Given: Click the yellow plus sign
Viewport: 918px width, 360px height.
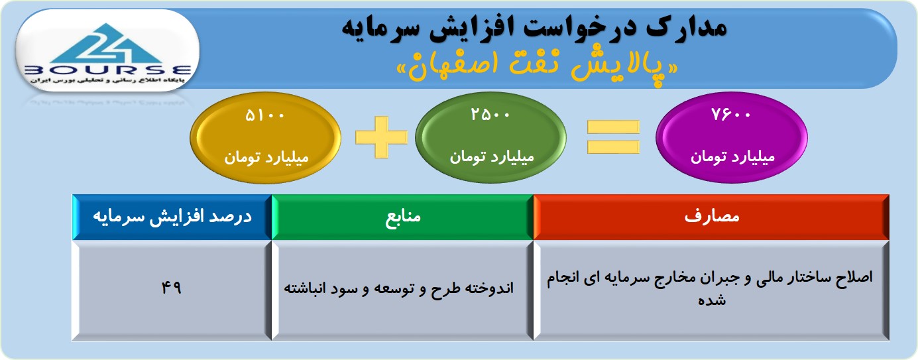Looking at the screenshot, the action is (x=381, y=137).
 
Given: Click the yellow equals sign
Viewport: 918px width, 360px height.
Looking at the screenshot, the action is (x=613, y=137).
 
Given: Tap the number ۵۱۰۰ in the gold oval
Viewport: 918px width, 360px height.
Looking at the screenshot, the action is (x=264, y=115).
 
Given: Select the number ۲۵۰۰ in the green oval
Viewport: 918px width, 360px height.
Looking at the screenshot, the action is (x=490, y=114).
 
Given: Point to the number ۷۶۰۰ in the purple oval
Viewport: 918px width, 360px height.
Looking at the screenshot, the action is (x=731, y=114).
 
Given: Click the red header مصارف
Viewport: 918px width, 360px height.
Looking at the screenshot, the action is (x=712, y=217).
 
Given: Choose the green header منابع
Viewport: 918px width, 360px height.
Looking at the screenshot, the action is (x=402, y=217).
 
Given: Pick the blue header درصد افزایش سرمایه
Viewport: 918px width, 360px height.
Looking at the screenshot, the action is (x=172, y=217).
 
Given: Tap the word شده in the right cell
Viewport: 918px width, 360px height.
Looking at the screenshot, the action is (x=712, y=300).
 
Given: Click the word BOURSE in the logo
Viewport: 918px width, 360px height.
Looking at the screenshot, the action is (x=107, y=70).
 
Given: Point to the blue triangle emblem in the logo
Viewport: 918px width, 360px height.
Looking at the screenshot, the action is (x=107, y=44).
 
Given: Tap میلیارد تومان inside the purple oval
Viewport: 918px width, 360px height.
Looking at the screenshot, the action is (x=732, y=157).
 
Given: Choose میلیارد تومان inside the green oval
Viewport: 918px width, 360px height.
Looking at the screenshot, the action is (x=491, y=157).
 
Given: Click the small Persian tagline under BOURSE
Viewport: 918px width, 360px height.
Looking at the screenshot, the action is (x=107, y=80).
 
